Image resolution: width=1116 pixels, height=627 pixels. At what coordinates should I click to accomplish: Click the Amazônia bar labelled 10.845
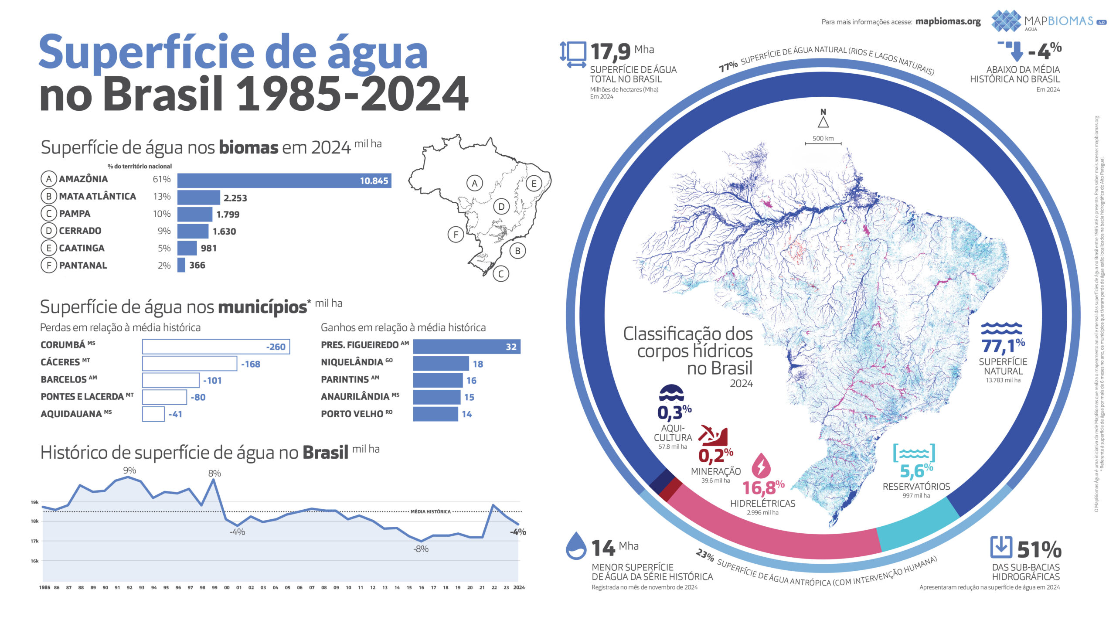pyautogui.click(x=284, y=181)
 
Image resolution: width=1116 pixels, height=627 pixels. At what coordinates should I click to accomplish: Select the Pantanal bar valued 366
pyautogui.click(x=181, y=265)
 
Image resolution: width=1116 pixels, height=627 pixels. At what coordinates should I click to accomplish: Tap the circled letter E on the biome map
pyautogui.click(x=534, y=184)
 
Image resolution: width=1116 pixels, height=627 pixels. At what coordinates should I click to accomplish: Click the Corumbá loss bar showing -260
pyautogui.click(x=216, y=347)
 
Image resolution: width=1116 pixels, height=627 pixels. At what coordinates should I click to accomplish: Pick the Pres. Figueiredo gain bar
pyautogui.click(x=466, y=347)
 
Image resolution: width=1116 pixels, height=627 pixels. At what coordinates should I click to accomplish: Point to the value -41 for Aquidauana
pyautogui.click(x=175, y=414)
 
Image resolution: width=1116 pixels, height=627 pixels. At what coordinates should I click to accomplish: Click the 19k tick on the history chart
pyautogui.click(x=34, y=502)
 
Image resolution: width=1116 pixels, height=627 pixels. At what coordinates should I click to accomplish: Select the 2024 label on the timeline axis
pyautogui.click(x=519, y=587)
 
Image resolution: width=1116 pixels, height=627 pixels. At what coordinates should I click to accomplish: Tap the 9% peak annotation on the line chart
pyautogui.click(x=129, y=470)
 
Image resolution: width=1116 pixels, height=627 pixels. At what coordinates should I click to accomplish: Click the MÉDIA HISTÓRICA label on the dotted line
pyautogui.click(x=430, y=511)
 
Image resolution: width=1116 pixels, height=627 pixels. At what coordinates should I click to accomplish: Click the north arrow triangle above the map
pyautogui.click(x=823, y=122)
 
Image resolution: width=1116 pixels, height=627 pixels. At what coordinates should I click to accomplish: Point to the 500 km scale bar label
pyautogui.click(x=823, y=138)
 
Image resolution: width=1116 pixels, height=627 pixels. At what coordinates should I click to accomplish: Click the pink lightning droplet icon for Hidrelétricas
pyautogui.click(x=761, y=465)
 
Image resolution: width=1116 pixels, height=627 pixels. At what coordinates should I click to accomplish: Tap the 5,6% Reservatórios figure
pyautogui.click(x=916, y=471)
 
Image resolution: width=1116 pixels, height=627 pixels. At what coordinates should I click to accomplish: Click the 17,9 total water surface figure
pyautogui.click(x=610, y=52)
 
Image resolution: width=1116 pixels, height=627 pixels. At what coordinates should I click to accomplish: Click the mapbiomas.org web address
pyautogui.click(x=948, y=21)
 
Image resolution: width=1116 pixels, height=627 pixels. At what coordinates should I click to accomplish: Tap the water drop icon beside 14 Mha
pyautogui.click(x=576, y=546)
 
